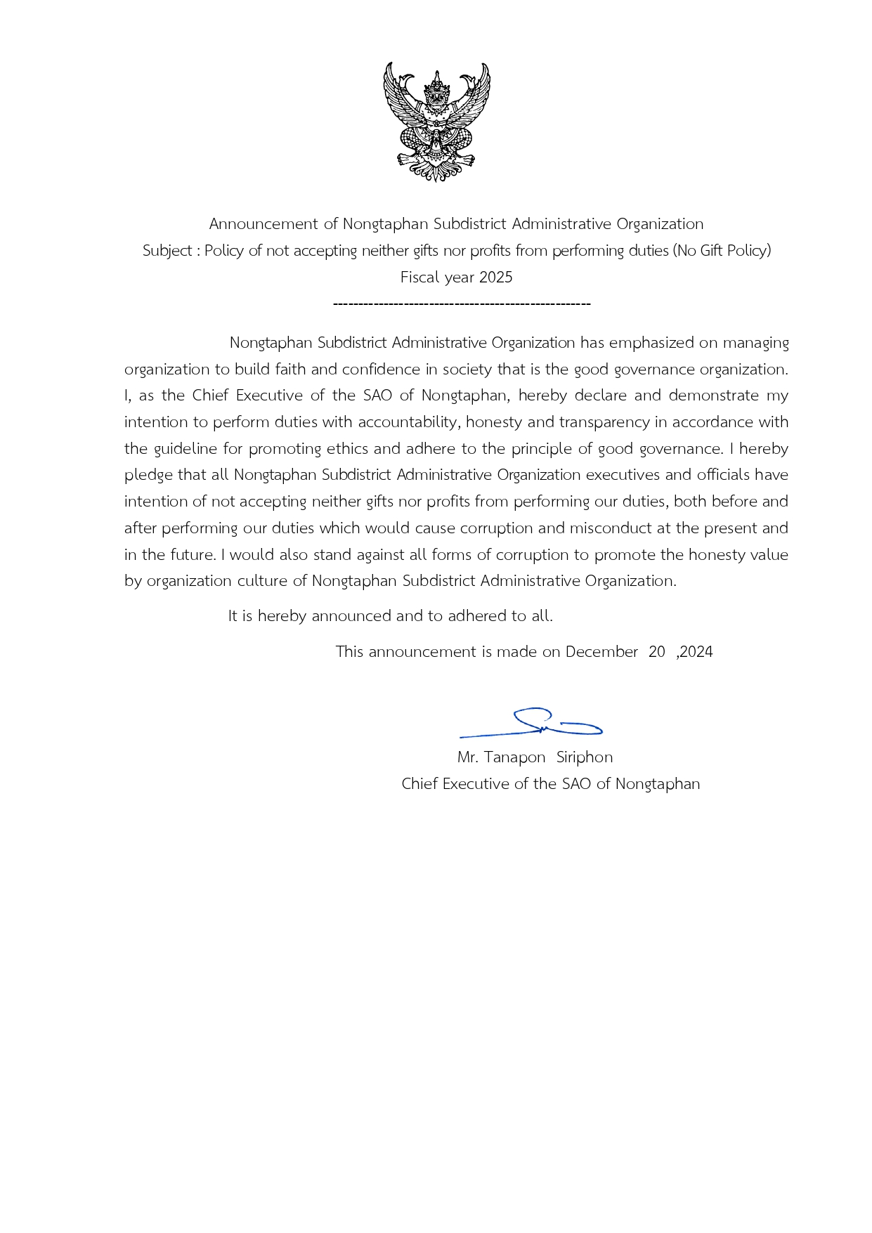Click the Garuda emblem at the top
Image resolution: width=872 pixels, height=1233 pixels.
click(x=436, y=122)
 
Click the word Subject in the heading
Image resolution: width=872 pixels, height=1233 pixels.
click(x=167, y=251)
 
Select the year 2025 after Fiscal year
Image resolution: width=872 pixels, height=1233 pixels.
click(x=495, y=278)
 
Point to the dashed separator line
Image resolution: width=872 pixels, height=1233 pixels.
click(x=462, y=304)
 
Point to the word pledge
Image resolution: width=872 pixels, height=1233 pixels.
click(x=148, y=476)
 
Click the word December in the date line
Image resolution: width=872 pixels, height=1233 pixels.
click(x=601, y=652)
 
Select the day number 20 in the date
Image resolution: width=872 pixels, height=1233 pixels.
click(x=657, y=652)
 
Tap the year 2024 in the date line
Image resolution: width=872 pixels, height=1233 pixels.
click(x=696, y=652)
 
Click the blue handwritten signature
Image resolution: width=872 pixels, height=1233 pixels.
click(x=532, y=724)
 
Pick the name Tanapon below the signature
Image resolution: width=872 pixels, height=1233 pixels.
click(x=514, y=757)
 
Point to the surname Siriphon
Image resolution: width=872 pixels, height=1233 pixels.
click(x=585, y=757)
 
